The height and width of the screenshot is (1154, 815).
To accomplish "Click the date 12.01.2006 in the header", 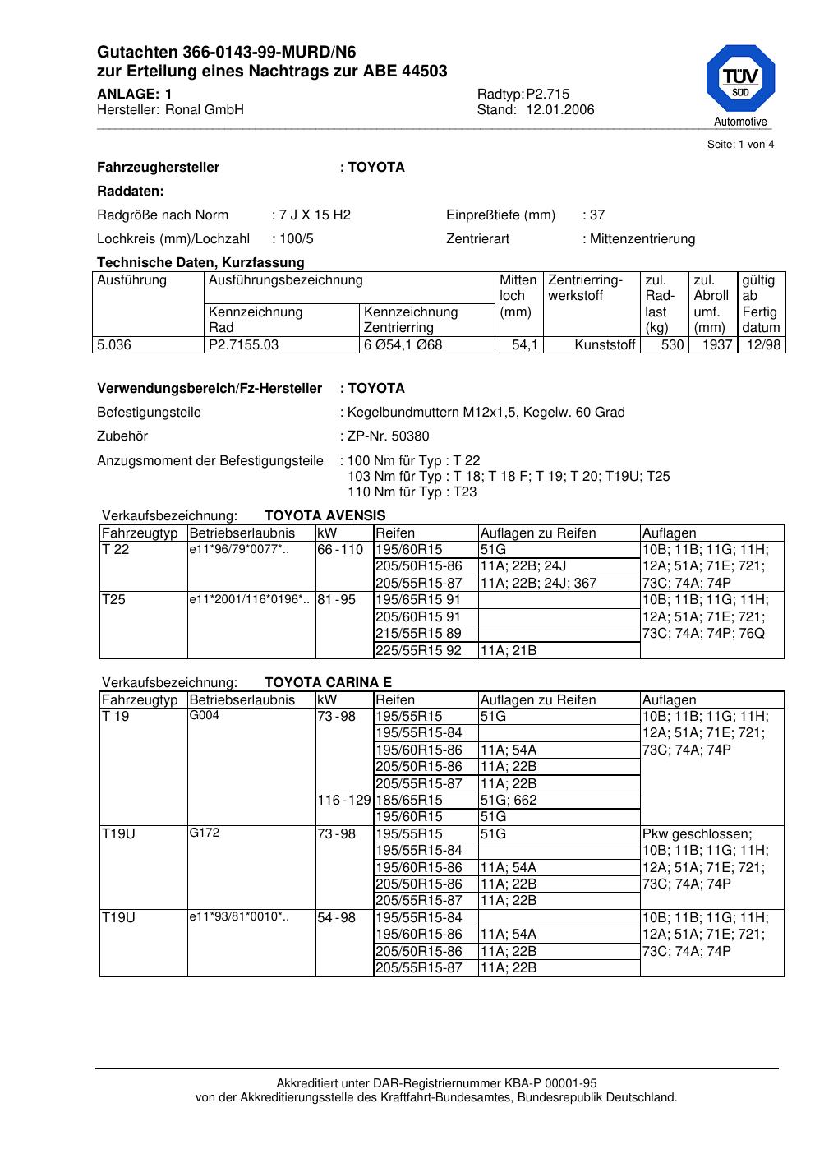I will click(560, 110).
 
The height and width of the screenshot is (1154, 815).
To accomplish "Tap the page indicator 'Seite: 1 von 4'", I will click(740, 145).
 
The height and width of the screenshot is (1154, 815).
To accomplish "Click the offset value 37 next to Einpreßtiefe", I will click(596, 215).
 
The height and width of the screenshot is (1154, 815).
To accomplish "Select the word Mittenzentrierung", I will click(642, 239).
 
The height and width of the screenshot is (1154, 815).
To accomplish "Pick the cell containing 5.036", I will click(114, 345).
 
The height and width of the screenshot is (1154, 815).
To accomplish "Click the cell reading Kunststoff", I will click(605, 345).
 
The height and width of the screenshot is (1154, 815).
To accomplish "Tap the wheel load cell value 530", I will click(672, 345).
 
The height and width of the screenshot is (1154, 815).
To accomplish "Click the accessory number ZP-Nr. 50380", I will click(388, 436).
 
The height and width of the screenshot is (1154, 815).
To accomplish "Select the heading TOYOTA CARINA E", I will click(328, 682).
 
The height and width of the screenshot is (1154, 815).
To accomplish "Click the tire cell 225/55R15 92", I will click(418, 650).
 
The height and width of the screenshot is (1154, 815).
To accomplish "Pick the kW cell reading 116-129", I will click(344, 800).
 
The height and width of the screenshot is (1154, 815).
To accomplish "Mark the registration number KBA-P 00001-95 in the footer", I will click(546, 1084).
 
